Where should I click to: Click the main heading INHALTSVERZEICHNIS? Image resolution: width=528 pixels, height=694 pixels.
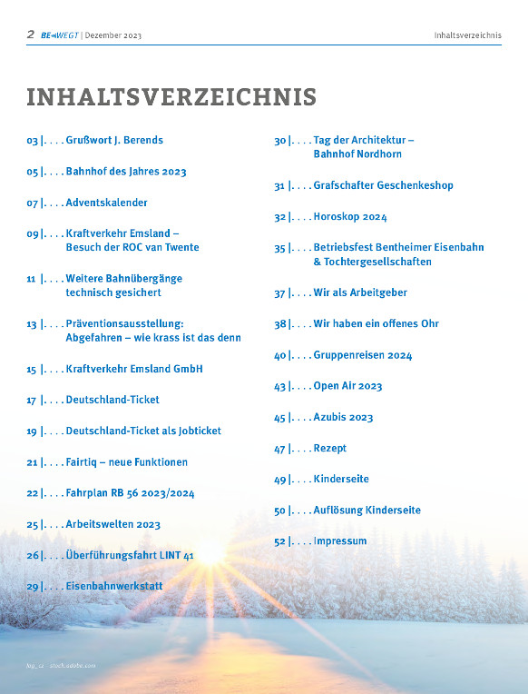(x=171, y=97)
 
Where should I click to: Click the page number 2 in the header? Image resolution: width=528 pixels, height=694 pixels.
(x=30, y=35)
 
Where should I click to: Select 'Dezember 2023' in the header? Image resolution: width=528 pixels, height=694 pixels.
(x=113, y=35)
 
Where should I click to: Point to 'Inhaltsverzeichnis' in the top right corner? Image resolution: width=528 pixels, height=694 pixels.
(x=468, y=35)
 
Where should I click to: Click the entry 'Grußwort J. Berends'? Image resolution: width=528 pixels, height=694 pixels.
(x=114, y=141)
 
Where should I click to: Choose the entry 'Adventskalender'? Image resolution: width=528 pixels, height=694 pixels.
(x=106, y=203)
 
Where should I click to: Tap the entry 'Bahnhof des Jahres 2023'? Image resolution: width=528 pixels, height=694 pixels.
(x=126, y=172)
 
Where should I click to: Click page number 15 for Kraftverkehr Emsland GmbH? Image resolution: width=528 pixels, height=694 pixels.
(x=32, y=370)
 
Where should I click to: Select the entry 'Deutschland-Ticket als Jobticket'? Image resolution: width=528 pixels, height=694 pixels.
(x=143, y=431)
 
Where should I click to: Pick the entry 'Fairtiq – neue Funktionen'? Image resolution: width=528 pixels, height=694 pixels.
(x=126, y=462)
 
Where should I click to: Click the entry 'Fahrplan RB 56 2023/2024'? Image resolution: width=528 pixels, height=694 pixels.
(x=130, y=493)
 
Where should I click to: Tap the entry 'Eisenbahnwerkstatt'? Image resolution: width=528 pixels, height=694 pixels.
(x=114, y=586)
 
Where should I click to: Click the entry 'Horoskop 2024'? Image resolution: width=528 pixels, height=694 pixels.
(x=350, y=217)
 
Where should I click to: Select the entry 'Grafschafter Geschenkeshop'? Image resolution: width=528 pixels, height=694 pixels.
(x=383, y=185)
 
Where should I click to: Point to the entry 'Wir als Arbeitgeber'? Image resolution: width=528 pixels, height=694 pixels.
(x=360, y=293)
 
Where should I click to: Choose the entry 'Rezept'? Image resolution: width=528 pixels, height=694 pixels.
(x=330, y=449)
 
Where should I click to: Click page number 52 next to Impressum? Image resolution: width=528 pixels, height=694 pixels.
(x=280, y=541)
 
